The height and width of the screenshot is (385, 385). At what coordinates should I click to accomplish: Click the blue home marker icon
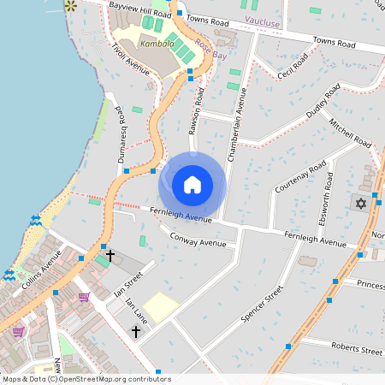[x=192, y=185]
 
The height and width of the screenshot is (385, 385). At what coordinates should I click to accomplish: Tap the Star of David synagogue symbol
[x=360, y=204]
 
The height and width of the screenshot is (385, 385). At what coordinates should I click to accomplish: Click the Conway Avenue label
[x=198, y=240]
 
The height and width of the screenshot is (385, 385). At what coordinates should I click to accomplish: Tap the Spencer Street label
[x=262, y=304]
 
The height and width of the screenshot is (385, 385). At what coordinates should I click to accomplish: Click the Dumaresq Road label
[x=123, y=135]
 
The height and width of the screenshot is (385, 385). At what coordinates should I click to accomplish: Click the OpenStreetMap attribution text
[x=86, y=379]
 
